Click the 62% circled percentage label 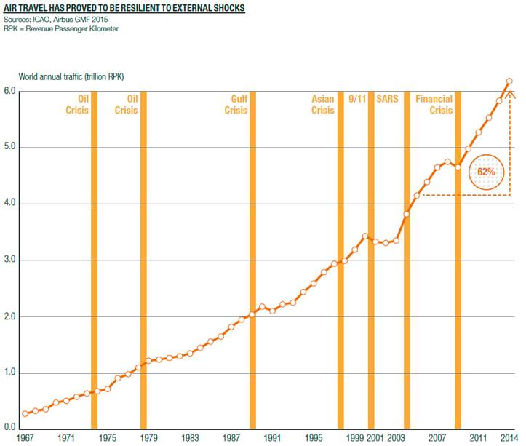[485, 172]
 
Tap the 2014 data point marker [509, 81]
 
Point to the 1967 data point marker [25, 413]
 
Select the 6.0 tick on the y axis [9, 91]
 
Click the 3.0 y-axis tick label [9, 260]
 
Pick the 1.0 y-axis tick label [9, 373]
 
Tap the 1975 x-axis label [107, 439]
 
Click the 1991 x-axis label [273, 439]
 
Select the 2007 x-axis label [437, 439]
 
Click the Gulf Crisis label [236, 105]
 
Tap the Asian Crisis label [322, 105]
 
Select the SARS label [386, 100]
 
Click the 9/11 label [356, 100]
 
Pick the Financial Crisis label [434, 105]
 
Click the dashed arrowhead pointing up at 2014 [509, 92]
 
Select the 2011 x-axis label [478, 439]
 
